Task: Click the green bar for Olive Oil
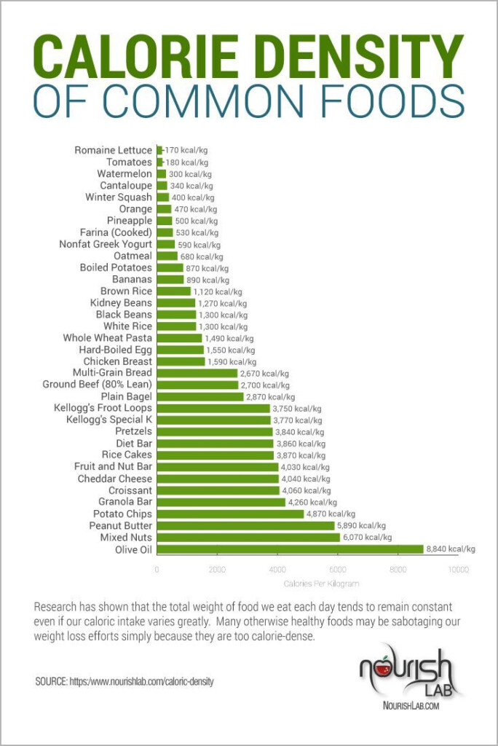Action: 290,549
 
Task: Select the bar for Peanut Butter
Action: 245,525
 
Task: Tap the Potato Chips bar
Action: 230,514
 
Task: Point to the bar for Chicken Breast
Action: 181,361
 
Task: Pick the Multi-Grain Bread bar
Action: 197,373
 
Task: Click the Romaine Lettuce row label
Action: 114,150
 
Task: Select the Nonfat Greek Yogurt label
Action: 106,244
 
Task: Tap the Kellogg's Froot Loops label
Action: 103,409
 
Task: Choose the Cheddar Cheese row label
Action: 115,479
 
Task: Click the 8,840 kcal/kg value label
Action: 451,549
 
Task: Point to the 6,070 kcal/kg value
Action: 367,538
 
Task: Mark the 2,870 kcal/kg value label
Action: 270,397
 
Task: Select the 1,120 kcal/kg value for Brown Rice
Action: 218,291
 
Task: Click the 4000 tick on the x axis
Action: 277,569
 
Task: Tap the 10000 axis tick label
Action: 457,569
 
